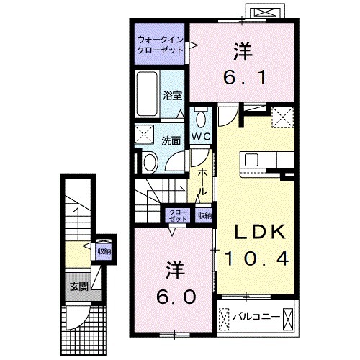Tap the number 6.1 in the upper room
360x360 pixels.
[x=243, y=75]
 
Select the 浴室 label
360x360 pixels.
[x=171, y=94]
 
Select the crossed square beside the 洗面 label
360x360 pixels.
[x=145, y=134]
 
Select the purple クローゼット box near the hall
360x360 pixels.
[x=176, y=215]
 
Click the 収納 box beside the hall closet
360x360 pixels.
[x=204, y=215]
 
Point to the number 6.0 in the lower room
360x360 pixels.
[x=173, y=297]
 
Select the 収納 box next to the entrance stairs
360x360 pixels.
[x=104, y=251]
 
